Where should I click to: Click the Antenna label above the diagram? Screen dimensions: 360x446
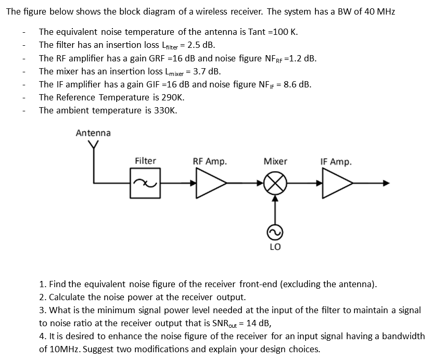pyautogui.click(x=93, y=133)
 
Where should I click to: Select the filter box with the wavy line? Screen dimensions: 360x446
pyautogui.click(x=145, y=183)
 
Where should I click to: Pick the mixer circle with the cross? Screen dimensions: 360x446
pyautogui.click(x=275, y=183)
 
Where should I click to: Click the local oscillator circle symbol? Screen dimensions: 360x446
pyautogui.click(x=275, y=232)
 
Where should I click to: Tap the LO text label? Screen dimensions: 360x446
pyautogui.click(x=275, y=247)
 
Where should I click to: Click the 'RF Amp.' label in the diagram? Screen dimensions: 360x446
pyautogui.click(x=210, y=162)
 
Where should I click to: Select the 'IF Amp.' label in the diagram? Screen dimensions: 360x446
pyautogui.click(x=336, y=162)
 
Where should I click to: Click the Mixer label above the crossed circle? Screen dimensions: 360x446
pyautogui.click(x=275, y=161)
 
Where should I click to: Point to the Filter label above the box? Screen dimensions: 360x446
pyautogui.click(x=145, y=161)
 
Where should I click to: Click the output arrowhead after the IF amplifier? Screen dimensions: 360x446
pyautogui.click(x=386, y=183)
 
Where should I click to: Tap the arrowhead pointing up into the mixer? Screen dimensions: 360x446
pyautogui.click(x=275, y=198)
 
